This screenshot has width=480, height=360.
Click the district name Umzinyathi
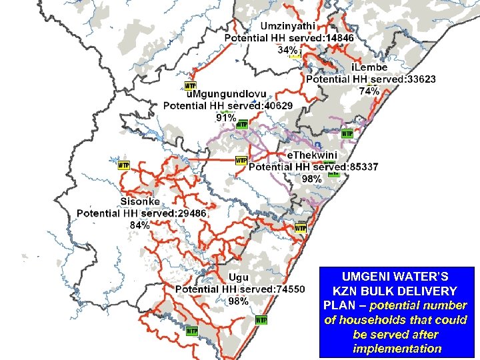288,26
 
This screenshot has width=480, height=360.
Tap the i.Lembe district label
369,67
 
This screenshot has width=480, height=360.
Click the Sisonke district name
140,201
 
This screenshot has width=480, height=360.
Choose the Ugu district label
238,277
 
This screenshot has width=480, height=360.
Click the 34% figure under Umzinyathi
287,50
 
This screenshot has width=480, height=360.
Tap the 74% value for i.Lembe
369,91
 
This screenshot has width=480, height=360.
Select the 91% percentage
225,117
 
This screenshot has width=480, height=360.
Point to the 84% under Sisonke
139,225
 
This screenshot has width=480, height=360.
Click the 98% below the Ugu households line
238,301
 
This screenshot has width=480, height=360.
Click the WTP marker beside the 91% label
243,125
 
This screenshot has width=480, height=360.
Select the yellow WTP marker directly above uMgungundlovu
190,86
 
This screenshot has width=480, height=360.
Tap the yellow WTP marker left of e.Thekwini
241,161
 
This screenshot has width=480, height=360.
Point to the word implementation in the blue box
397,349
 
